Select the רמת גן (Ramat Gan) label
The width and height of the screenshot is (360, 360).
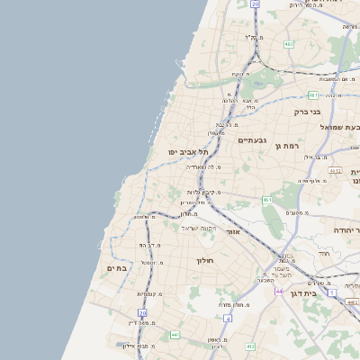(x=286, y=145)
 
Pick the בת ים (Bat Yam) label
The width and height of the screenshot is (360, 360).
(x=117, y=267)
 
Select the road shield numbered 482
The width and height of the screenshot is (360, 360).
(x=289, y=43)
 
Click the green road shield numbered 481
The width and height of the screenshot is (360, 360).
(x=312, y=94)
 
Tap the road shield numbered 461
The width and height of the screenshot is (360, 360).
(x=267, y=200)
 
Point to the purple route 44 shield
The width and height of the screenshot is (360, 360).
(x=281, y=292)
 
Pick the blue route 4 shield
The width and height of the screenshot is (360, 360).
(x=229, y=318)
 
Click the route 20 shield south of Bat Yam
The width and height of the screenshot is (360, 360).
(x=142, y=313)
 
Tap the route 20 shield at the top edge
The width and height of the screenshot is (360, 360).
(x=255, y=4)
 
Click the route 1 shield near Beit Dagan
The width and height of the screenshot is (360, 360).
(x=331, y=293)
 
